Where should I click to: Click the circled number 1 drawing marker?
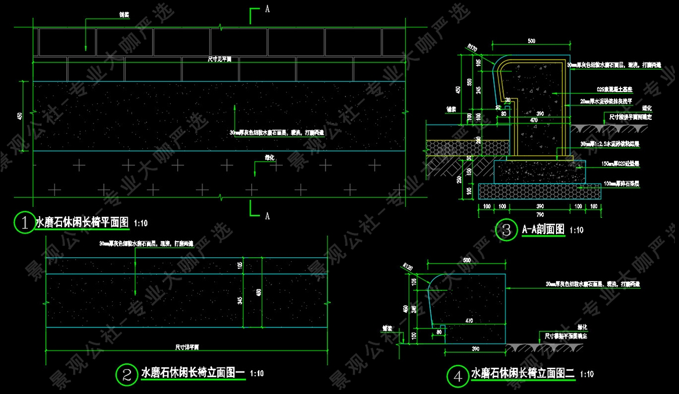24,222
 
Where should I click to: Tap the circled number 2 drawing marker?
125,374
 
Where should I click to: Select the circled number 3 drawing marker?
506,230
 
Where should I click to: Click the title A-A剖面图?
543,229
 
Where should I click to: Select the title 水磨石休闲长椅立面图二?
522,374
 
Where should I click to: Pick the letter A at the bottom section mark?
267,216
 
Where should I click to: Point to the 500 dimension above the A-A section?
531,41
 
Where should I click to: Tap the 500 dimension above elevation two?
467,261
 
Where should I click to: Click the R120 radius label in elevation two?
407,267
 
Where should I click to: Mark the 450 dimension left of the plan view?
20,116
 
